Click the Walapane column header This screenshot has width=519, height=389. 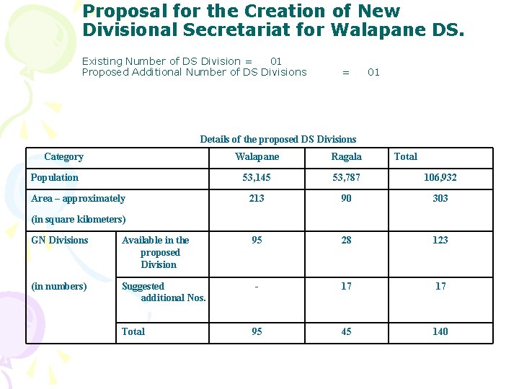pyautogui.click(x=257, y=157)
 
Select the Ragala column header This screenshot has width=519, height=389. pyautogui.click(x=346, y=157)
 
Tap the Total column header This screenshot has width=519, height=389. pyautogui.click(x=406, y=156)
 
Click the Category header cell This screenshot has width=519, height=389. pyautogui.click(x=63, y=156)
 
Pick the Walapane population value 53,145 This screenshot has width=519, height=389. pyautogui.click(x=257, y=177)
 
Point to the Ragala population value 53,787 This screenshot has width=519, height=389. pyautogui.click(x=346, y=177)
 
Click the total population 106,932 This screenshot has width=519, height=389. pyautogui.click(x=440, y=177)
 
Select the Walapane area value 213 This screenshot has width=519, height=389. pyautogui.click(x=257, y=198)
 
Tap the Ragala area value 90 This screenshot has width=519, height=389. pyautogui.click(x=346, y=198)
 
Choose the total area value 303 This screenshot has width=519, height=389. pyautogui.click(x=440, y=198)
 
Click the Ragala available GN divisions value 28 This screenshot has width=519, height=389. pyautogui.click(x=346, y=240)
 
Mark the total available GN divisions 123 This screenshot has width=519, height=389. pyautogui.click(x=440, y=240)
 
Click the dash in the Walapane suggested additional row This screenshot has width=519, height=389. pyautogui.click(x=257, y=286)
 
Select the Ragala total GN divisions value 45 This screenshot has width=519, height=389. pyautogui.click(x=346, y=331)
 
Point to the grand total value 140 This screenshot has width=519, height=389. pyautogui.click(x=440, y=331)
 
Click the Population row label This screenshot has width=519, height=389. pyautogui.click(x=55, y=177)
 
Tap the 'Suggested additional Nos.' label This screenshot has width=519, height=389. pyautogui.click(x=164, y=292)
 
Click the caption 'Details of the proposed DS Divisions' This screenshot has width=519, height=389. pyautogui.click(x=278, y=139)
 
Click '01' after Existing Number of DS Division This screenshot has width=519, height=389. pyautogui.click(x=275, y=61)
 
